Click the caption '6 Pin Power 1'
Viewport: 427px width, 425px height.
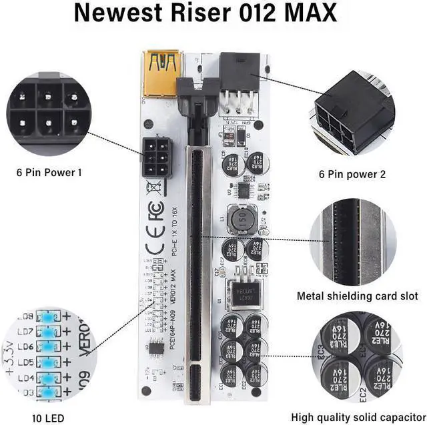pyautogui.click(x=49, y=172)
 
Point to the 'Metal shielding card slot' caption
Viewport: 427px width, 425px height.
pyautogui.click(x=358, y=296)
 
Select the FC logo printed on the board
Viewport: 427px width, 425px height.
pyautogui.click(x=155, y=214)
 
